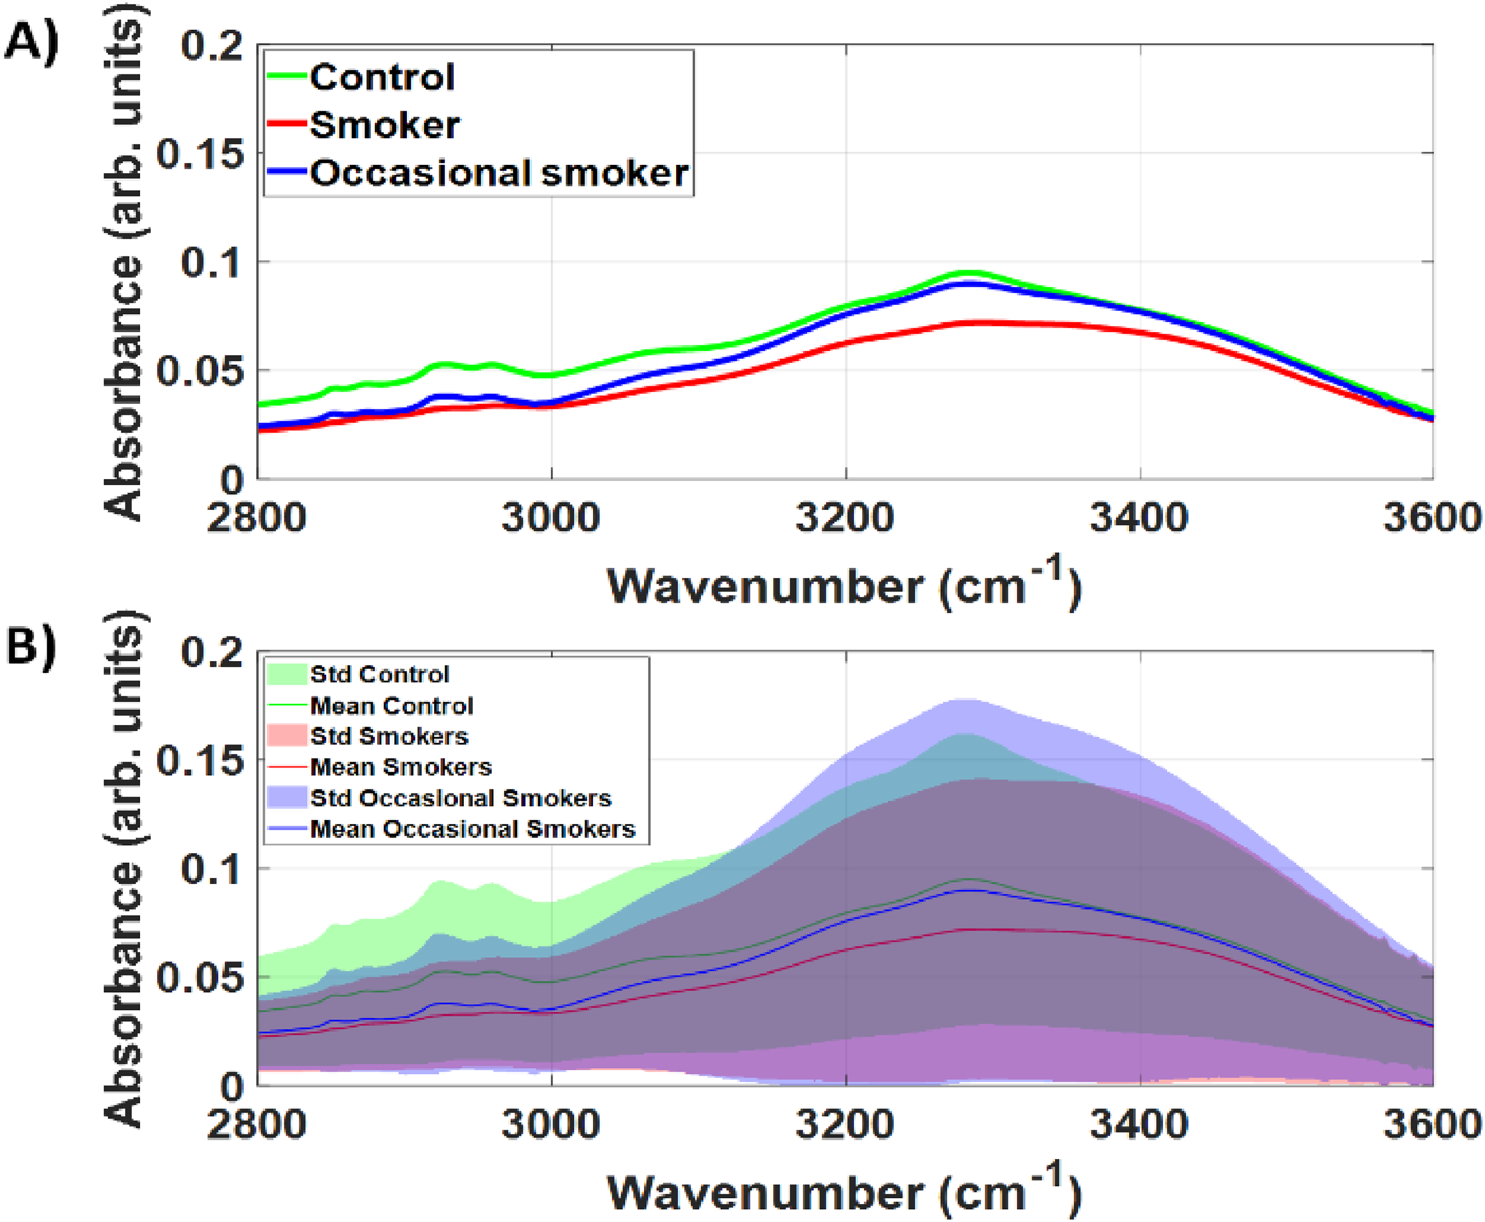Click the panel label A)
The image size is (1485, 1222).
click(x=31, y=44)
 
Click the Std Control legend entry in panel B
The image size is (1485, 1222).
click(x=379, y=675)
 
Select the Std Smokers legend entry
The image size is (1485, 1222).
click(x=389, y=736)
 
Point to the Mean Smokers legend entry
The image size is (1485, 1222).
click(x=400, y=767)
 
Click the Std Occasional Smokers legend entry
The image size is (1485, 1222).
click(x=460, y=798)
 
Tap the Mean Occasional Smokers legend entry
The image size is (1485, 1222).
click(x=472, y=829)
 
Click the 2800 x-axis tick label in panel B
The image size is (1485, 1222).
click(x=256, y=1124)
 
